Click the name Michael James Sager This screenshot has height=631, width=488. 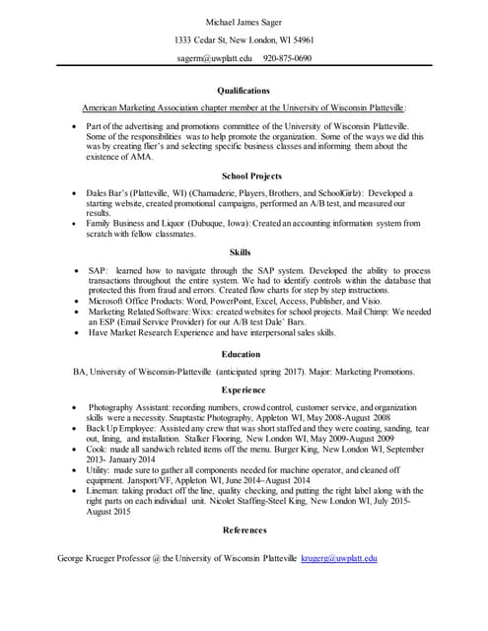coord(244,22)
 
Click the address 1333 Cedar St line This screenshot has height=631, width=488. coord(244,40)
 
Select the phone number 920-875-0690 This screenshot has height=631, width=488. coord(287,58)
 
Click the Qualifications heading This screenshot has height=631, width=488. coord(244,90)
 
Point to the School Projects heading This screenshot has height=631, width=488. coord(244,175)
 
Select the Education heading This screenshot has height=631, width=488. coord(244,353)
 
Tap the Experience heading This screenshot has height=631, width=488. coord(244,389)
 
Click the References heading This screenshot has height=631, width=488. coord(244,530)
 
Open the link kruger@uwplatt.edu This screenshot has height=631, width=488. coord(339,559)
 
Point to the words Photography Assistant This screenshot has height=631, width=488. coord(131,407)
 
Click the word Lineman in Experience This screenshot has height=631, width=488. coord(102,490)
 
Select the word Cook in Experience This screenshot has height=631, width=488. coord(96,449)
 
